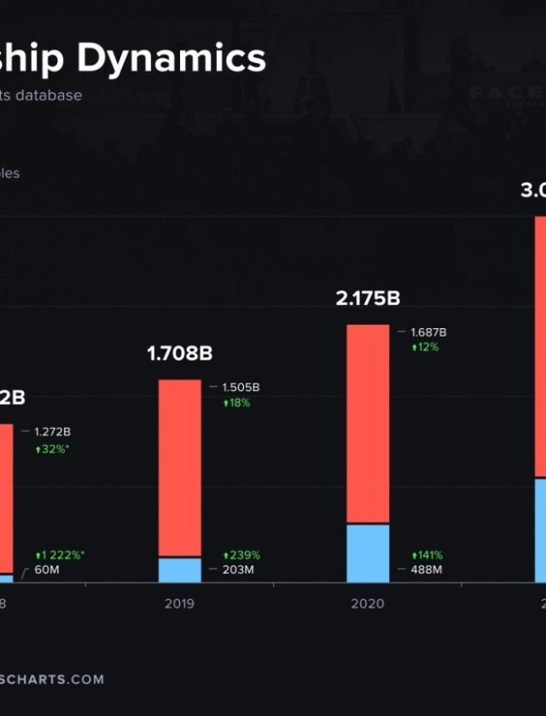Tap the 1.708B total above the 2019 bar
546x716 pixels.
click(x=179, y=353)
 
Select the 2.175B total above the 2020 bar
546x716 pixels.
click(x=368, y=298)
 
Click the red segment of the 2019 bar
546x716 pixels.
click(x=180, y=467)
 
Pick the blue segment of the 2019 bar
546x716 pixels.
click(x=180, y=570)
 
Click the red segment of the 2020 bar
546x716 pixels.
click(x=368, y=423)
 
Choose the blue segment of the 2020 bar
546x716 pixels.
click(x=368, y=553)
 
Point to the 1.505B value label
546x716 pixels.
click(x=241, y=387)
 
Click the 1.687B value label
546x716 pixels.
click(x=428, y=332)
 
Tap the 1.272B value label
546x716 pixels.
click(x=53, y=432)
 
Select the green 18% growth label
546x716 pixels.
click(x=236, y=402)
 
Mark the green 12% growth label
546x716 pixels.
click(x=425, y=347)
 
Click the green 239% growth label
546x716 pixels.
click(x=241, y=555)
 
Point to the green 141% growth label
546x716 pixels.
click(x=427, y=555)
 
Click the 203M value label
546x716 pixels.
click(x=238, y=569)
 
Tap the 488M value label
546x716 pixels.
click(x=427, y=569)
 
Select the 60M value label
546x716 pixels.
click(x=49, y=569)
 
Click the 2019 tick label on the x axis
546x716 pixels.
click(x=179, y=603)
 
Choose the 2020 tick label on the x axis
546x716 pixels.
click(x=368, y=603)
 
